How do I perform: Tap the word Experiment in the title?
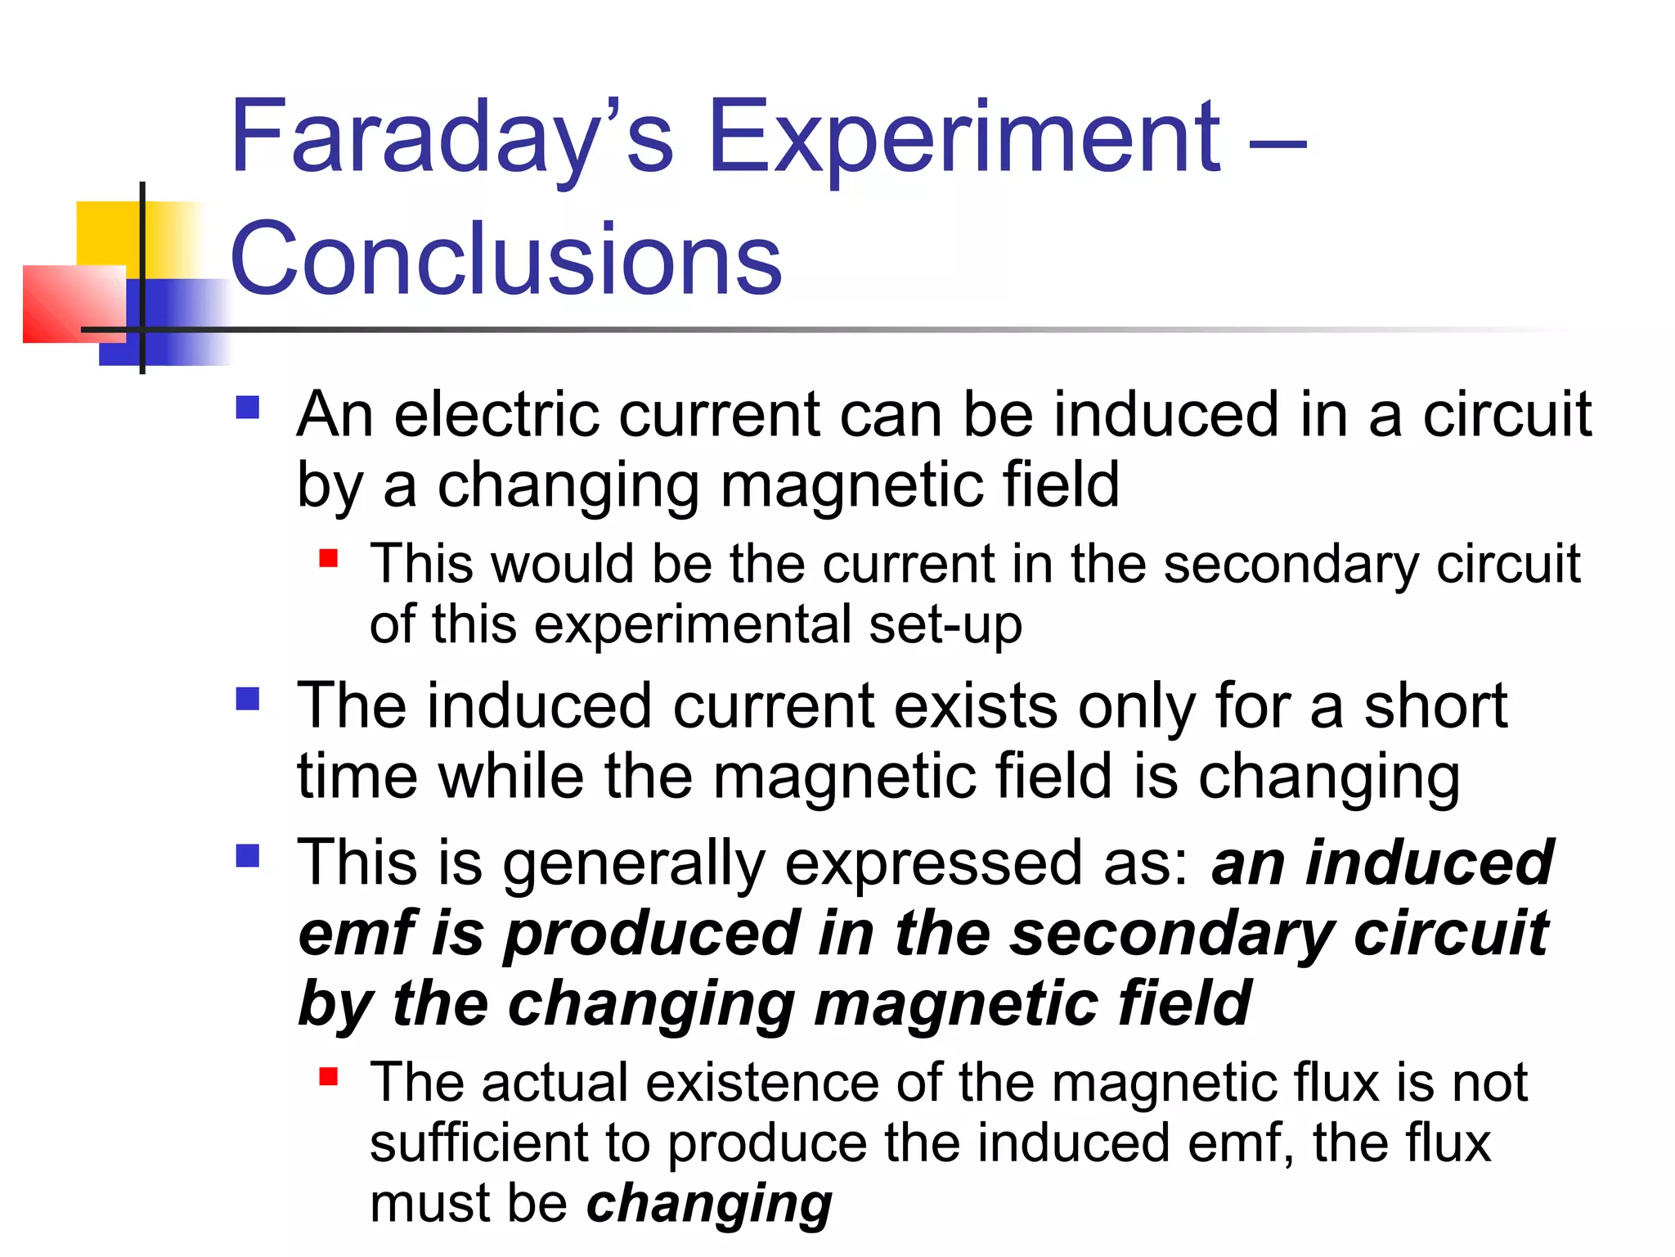point(964,137)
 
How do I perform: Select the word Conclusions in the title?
point(506,259)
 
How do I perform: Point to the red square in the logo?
point(74,303)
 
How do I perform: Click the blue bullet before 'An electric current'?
point(247,408)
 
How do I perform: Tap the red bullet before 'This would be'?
point(329,558)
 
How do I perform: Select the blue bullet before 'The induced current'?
point(247,698)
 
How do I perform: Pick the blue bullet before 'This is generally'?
point(247,855)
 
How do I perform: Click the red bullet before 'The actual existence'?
point(329,1076)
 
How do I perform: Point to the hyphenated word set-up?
point(945,625)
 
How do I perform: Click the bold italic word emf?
point(358,933)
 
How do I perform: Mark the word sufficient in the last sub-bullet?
point(478,1143)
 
